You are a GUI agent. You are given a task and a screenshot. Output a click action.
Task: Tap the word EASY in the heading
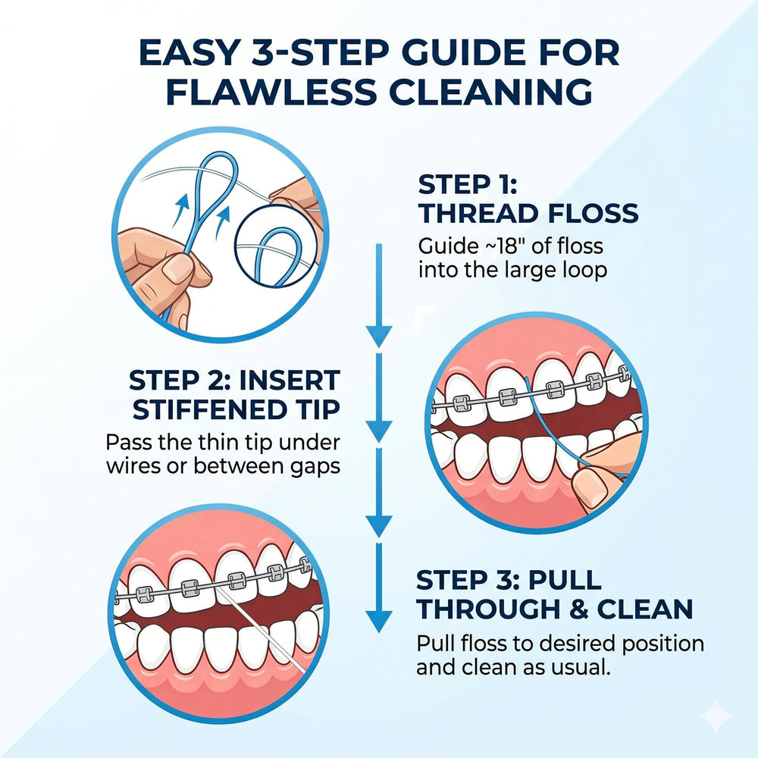[189, 53]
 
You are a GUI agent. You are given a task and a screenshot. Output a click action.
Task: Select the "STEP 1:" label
[468, 185]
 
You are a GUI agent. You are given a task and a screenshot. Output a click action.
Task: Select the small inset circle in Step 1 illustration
[277, 246]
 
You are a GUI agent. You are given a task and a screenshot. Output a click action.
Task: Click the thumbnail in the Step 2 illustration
[591, 485]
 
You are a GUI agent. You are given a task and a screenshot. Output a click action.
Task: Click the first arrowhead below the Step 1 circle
[379, 336]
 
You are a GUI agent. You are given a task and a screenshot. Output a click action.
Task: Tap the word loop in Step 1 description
[587, 271]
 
